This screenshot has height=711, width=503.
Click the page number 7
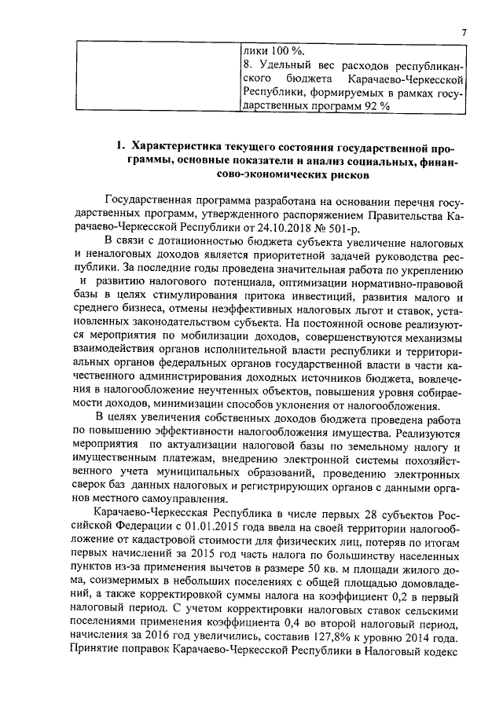tap(464, 32)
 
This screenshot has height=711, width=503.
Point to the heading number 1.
tap(120, 147)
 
